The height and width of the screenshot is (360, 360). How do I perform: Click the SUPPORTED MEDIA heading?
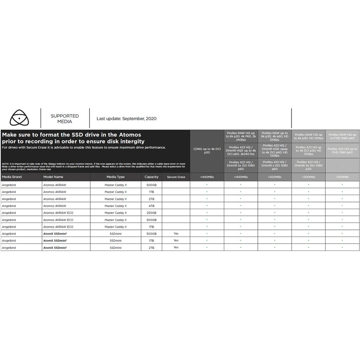click(65, 118)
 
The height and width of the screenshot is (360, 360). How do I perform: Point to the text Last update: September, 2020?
click(126, 118)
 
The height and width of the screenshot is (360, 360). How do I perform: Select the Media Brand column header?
click(12, 177)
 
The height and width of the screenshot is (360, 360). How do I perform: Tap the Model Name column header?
click(53, 177)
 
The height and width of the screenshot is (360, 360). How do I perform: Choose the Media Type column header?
click(115, 177)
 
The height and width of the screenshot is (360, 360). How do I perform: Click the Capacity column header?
click(151, 177)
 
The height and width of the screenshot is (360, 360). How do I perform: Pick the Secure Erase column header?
click(176, 177)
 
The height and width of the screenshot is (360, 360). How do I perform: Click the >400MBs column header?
click(207, 177)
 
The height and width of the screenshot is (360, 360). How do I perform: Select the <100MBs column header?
click(342, 177)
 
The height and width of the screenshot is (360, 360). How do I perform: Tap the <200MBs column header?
click(309, 177)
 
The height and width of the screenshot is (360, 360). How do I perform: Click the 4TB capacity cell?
click(151, 206)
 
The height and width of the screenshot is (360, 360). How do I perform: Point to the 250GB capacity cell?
click(151, 213)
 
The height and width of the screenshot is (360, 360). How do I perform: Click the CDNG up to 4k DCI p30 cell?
click(207, 150)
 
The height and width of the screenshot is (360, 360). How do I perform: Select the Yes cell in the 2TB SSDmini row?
click(176, 248)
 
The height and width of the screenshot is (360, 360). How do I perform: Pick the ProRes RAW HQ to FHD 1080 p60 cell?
click(342, 136)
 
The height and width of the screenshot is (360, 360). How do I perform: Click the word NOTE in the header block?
click(5, 164)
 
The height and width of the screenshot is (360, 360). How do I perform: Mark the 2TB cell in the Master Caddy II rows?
click(151, 199)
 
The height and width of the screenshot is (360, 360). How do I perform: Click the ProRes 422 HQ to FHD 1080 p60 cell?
click(342, 150)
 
